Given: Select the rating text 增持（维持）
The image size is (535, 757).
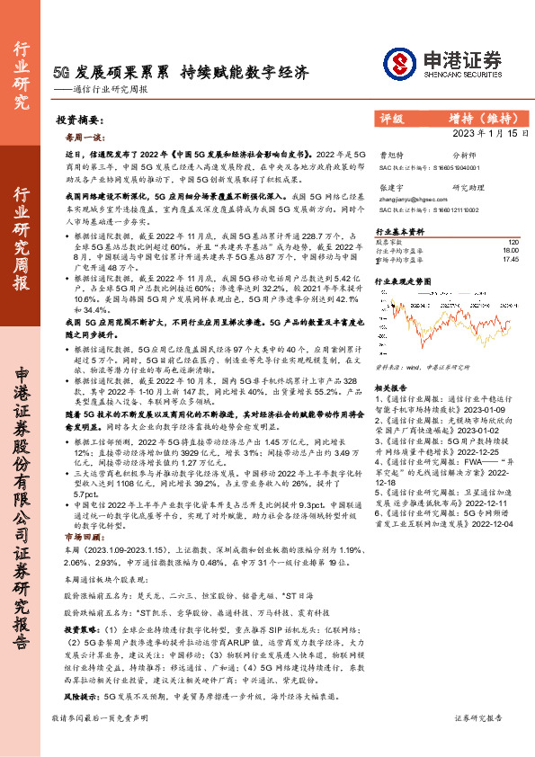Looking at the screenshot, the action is (476, 118).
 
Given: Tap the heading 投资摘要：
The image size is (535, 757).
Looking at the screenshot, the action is (76, 120).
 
